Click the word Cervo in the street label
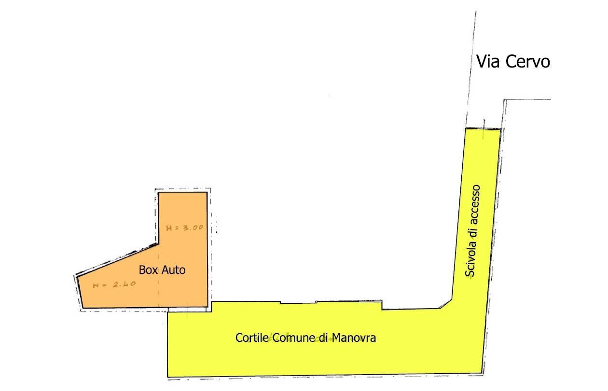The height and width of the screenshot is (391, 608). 528,62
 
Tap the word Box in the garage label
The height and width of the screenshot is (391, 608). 149,270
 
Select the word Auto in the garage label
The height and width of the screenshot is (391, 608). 174,270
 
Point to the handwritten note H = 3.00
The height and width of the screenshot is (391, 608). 184,228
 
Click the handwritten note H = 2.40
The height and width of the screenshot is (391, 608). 114,285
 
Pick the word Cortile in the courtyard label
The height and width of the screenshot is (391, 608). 252,338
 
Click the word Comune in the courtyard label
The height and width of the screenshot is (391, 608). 294,338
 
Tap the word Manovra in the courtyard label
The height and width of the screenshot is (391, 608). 354,338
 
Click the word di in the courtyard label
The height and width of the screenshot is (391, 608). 324,338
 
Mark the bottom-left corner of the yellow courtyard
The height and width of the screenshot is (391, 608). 168,377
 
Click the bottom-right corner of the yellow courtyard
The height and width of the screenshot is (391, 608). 482,373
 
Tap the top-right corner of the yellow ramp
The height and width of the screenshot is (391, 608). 500,130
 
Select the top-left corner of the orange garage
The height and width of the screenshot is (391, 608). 159,193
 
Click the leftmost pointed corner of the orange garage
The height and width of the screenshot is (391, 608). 77,277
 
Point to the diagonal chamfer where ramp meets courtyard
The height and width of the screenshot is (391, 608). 446,304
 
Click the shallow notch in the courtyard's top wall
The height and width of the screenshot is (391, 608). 298,303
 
